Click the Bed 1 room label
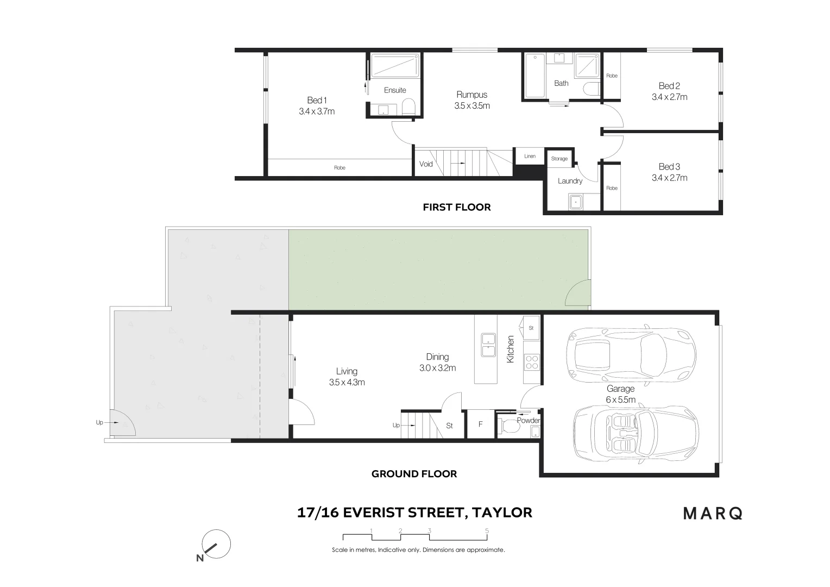pyautogui.click(x=317, y=100)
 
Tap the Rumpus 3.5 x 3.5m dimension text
pyautogui.click(x=471, y=106)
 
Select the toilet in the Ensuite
pyautogui.click(x=408, y=107)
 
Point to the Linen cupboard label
pyautogui.click(x=530, y=157)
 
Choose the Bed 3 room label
pyautogui.click(x=669, y=167)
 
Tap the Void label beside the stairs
pyautogui.click(x=426, y=164)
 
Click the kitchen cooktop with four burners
pyautogui.click(x=531, y=361)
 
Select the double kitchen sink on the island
pyautogui.click(x=488, y=345)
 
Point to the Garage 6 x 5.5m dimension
pyautogui.click(x=620, y=399)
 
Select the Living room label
pyautogui.click(x=347, y=371)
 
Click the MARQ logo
pyautogui.click(x=713, y=513)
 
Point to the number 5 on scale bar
pyautogui.click(x=487, y=531)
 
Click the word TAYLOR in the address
pyautogui.click(x=502, y=512)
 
